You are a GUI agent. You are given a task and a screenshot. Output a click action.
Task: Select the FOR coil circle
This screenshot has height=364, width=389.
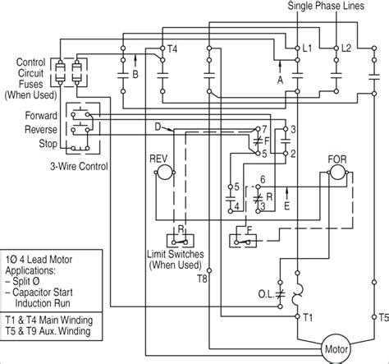(x=337, y=170)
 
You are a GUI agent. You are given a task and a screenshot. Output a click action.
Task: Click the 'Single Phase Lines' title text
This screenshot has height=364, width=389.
(x=333, y=7)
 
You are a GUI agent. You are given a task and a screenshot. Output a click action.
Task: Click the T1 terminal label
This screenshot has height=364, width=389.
(x=308, y=316)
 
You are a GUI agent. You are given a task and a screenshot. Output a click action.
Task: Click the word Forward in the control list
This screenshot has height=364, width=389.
(x=40, y=115)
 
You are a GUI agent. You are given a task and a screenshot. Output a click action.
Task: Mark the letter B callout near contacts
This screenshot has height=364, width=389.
(x=136, y=73)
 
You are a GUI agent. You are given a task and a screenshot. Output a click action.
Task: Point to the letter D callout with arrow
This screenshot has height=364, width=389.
(x=157, y=126)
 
